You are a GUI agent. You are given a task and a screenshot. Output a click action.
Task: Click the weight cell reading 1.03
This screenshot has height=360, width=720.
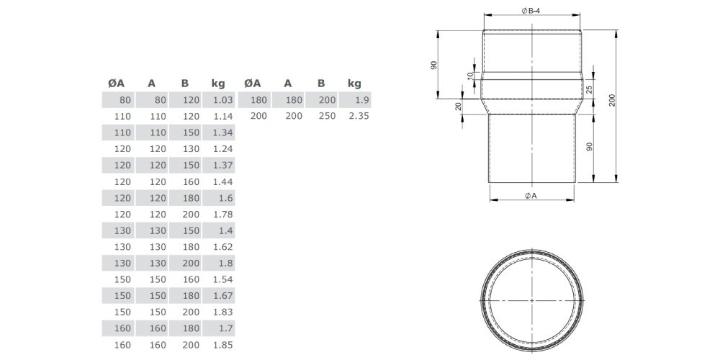pos(224,100)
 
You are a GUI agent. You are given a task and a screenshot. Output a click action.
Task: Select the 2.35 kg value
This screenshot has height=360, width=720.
pos(359,116)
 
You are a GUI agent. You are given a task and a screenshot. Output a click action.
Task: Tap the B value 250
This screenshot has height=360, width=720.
pos(327,116)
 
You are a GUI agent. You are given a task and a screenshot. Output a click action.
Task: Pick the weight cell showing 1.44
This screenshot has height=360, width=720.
pos(224,182)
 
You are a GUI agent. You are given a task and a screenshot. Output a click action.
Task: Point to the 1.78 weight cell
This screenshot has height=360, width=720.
pos(224,215)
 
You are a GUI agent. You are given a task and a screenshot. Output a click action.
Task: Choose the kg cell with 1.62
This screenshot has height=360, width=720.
pos(224,247)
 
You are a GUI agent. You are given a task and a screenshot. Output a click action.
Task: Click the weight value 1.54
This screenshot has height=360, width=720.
pos(224,279)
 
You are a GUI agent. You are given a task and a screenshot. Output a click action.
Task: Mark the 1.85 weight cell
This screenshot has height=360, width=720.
pos(224,345)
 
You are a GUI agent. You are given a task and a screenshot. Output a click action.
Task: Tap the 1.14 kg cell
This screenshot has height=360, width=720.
pos(224,116)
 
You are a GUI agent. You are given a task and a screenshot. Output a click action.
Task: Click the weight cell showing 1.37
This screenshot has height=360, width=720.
pos(224,166)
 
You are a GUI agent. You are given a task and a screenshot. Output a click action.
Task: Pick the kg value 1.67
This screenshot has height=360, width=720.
pos(224,296)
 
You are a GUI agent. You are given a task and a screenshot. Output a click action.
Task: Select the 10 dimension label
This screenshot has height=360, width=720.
pos(469,76)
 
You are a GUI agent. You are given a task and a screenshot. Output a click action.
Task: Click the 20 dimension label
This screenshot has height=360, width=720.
pos(458,107)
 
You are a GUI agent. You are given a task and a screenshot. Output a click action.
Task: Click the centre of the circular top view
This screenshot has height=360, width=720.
pos(532,300)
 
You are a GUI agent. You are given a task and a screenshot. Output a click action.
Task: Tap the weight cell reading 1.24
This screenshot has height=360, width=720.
pos(224,149)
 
